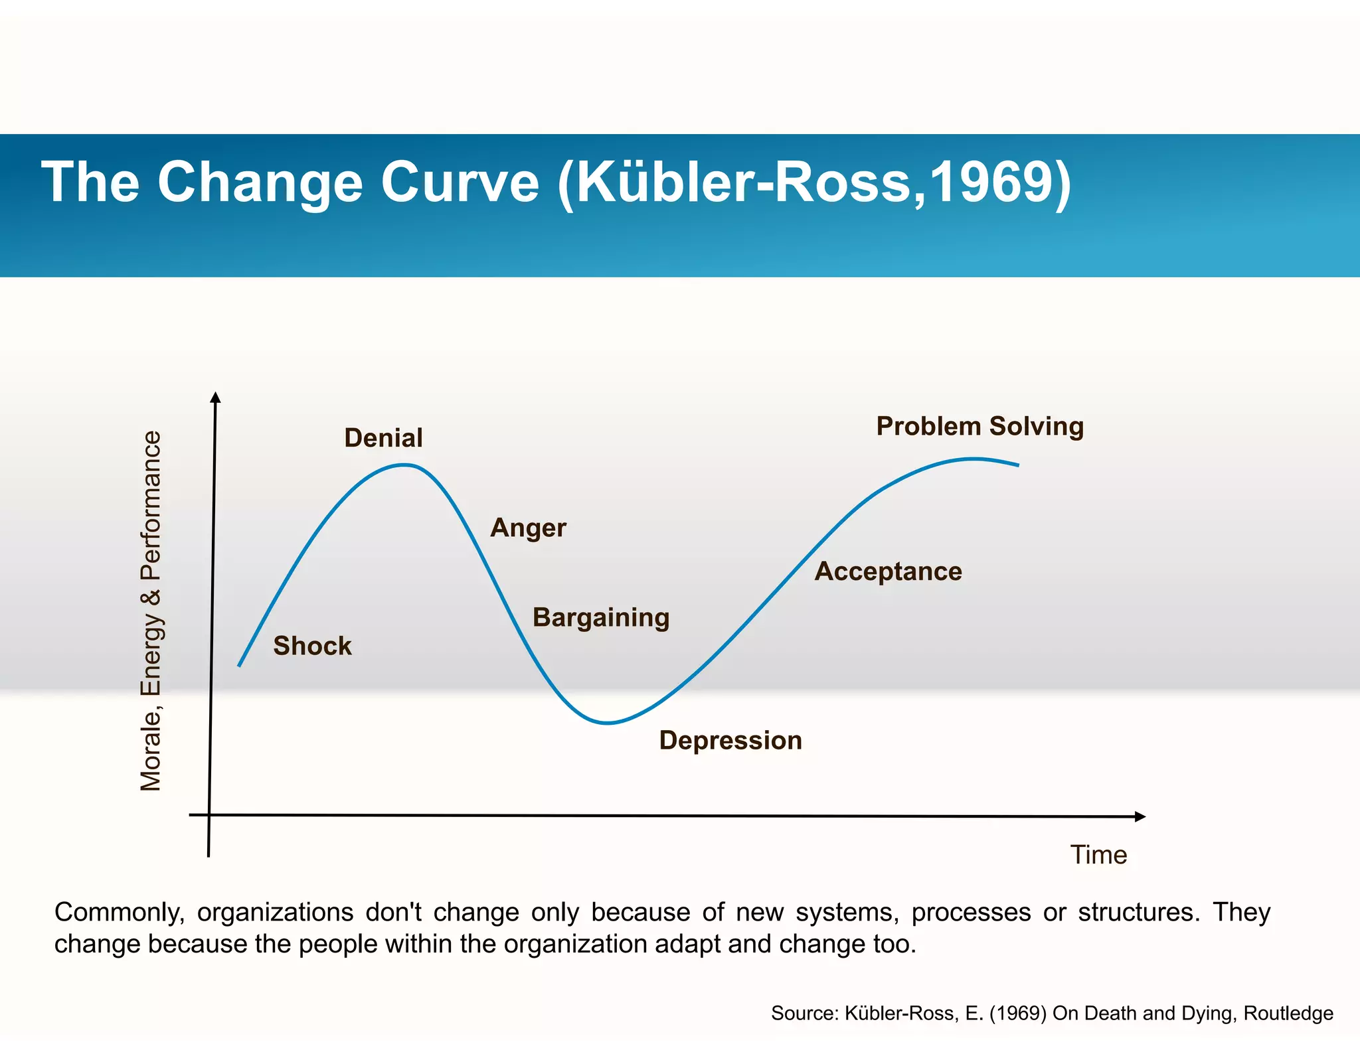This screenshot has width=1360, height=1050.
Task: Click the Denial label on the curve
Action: coord(383,438)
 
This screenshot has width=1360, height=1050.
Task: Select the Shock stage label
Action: coord(312,646)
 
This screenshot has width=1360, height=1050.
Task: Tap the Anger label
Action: coord(528,528)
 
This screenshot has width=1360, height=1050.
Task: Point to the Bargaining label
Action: coord(601,618)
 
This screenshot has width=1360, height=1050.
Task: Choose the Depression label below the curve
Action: coord(730,741)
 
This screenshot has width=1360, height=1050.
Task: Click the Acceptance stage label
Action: coord(888,571)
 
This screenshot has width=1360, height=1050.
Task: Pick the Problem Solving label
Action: coord(979,426)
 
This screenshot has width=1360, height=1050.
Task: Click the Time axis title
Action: coord(1098,855)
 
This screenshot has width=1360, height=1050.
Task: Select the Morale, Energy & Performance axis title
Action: coord(151,611)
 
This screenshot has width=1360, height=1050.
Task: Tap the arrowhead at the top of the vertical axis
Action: coord(215,397)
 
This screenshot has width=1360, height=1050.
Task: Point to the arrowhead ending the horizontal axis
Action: coord(1140,816)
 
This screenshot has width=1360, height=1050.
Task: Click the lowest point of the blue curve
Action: coord(607,723)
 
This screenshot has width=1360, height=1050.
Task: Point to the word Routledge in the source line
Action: coord(1288,1013)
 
